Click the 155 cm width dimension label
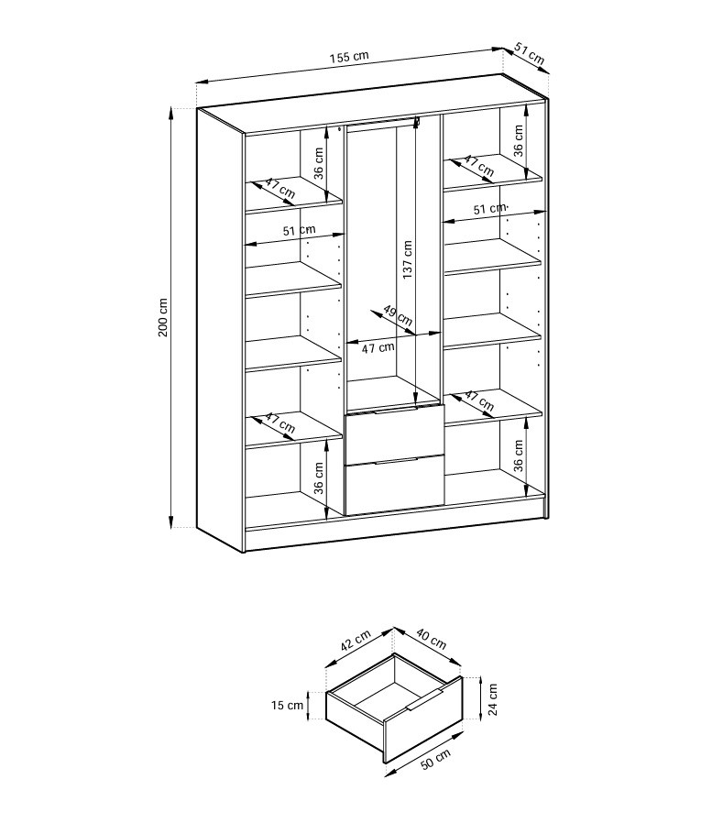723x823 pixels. [349, 56]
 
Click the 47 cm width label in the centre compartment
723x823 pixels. [377, 347]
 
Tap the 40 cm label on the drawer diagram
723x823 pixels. [431, 638]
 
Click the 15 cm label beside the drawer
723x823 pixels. [287, 706]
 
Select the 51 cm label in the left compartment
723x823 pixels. [299, 231]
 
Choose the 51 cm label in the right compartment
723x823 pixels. [489, 209]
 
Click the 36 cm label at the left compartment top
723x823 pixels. [320, 163]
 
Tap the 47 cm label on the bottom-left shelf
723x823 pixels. [279, 423]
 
